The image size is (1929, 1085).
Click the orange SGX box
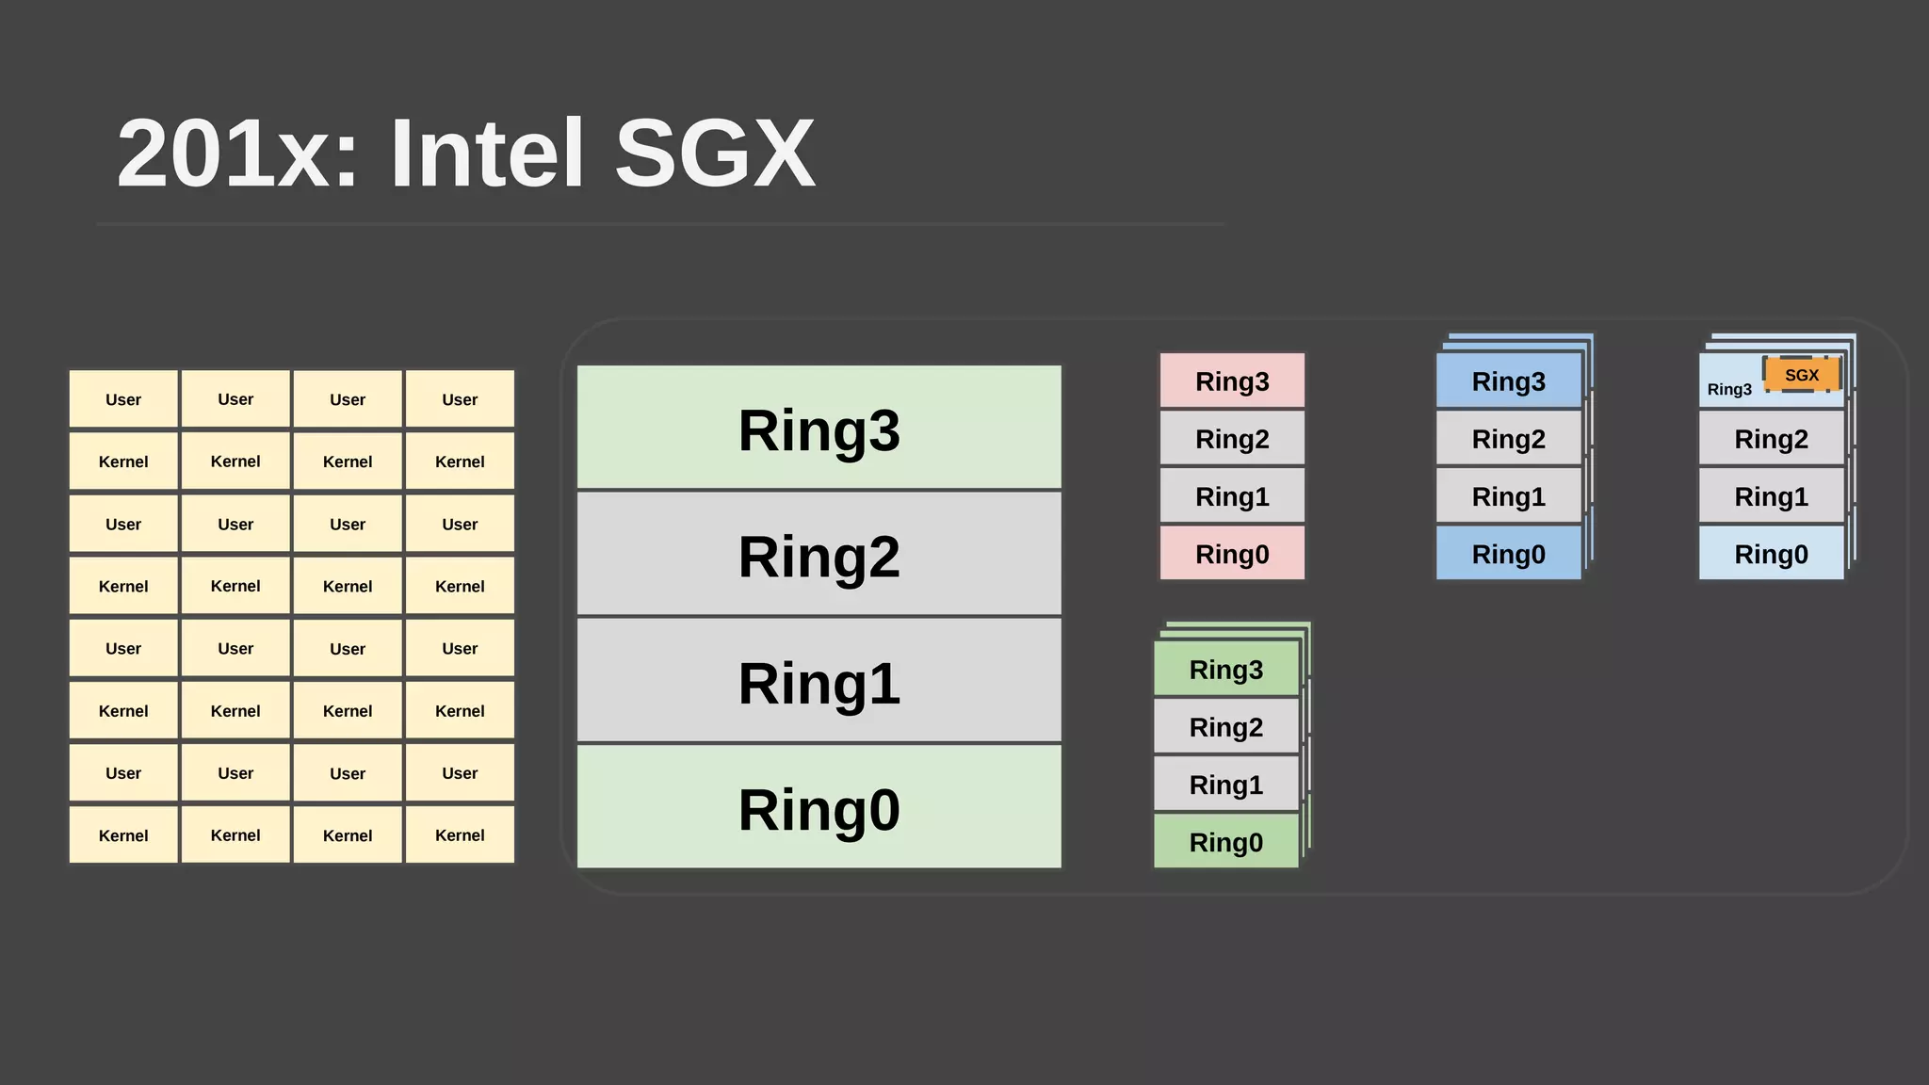(1801, 375)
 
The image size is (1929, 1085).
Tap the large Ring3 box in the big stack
(819, 429)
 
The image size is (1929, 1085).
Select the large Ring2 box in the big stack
(819, 555)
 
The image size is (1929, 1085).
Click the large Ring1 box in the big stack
(819, 681)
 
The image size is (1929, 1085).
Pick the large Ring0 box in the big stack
(819, 807)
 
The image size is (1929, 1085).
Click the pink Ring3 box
(1232, 381)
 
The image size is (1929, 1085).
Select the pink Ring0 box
(1232, 554)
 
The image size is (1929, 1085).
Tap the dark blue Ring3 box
(1508, 381)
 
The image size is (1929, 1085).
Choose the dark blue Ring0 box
(1508, 554)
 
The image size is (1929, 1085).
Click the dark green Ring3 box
(1225, 669)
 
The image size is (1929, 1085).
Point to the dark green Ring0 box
(1225, 841)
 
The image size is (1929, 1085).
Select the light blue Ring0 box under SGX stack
(1771, 554)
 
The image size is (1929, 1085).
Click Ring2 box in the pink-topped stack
(1232, 439)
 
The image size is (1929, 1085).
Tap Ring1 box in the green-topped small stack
(1225, 784)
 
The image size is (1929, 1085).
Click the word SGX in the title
(715, 153)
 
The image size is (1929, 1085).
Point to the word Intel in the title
(486, 153)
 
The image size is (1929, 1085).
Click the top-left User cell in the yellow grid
(123, 399)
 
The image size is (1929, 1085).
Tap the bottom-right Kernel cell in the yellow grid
(460, 834)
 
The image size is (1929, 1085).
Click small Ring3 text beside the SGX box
(1729, 390)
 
